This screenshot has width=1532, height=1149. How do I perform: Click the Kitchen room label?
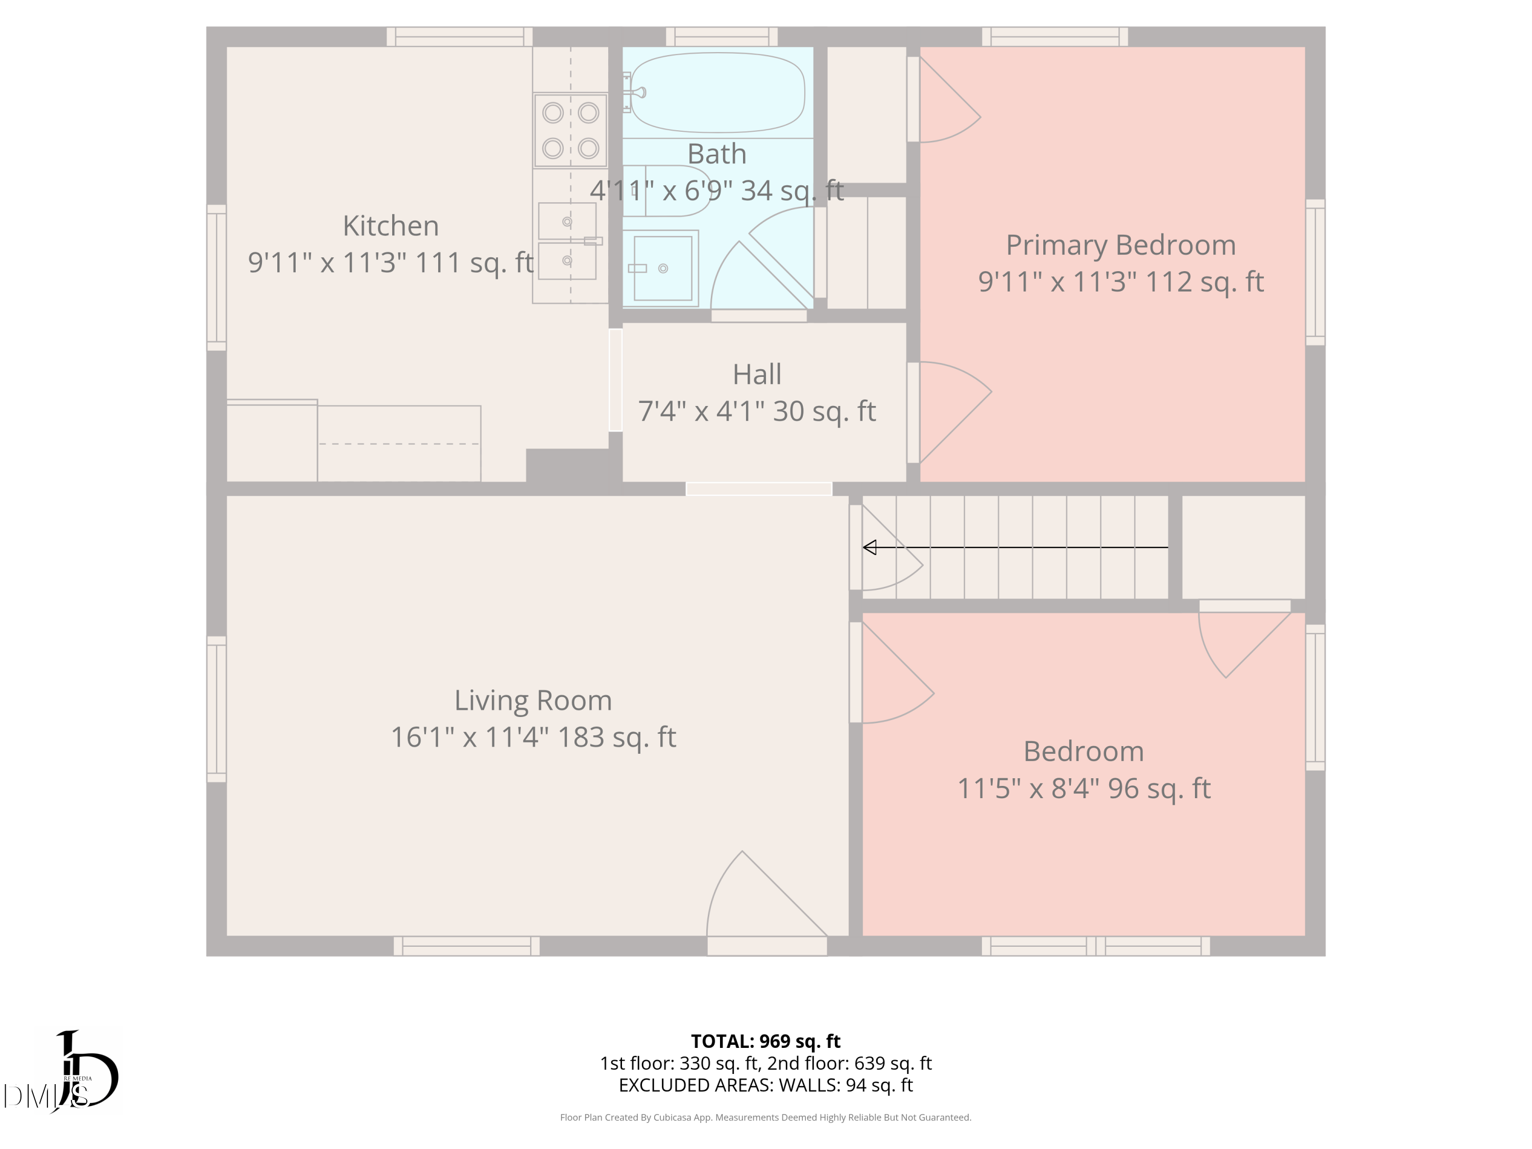click(391, 226)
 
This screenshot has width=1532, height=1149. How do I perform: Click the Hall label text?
click(757, 375)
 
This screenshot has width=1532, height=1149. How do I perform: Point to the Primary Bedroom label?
click(1120, 245)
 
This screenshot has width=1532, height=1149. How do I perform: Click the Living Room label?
click(533, 700)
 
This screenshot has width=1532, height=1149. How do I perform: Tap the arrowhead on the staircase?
click(870, 547)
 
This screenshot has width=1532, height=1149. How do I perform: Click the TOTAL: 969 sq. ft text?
click(765, 1041)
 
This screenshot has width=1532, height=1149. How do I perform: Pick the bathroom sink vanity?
click(661, 268)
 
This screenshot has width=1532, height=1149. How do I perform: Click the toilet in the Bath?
click(665, 191)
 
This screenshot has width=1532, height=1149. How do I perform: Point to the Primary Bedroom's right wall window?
click(1315, 272)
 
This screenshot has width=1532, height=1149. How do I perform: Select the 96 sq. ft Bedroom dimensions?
click(1084, 788)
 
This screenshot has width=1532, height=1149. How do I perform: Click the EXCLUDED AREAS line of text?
click(765, 1085)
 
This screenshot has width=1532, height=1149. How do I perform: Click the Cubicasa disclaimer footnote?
click(765, 1117)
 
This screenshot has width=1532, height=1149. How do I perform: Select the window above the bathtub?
click(722, 37)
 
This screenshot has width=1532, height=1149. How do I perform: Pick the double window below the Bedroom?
click(1096, 946)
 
